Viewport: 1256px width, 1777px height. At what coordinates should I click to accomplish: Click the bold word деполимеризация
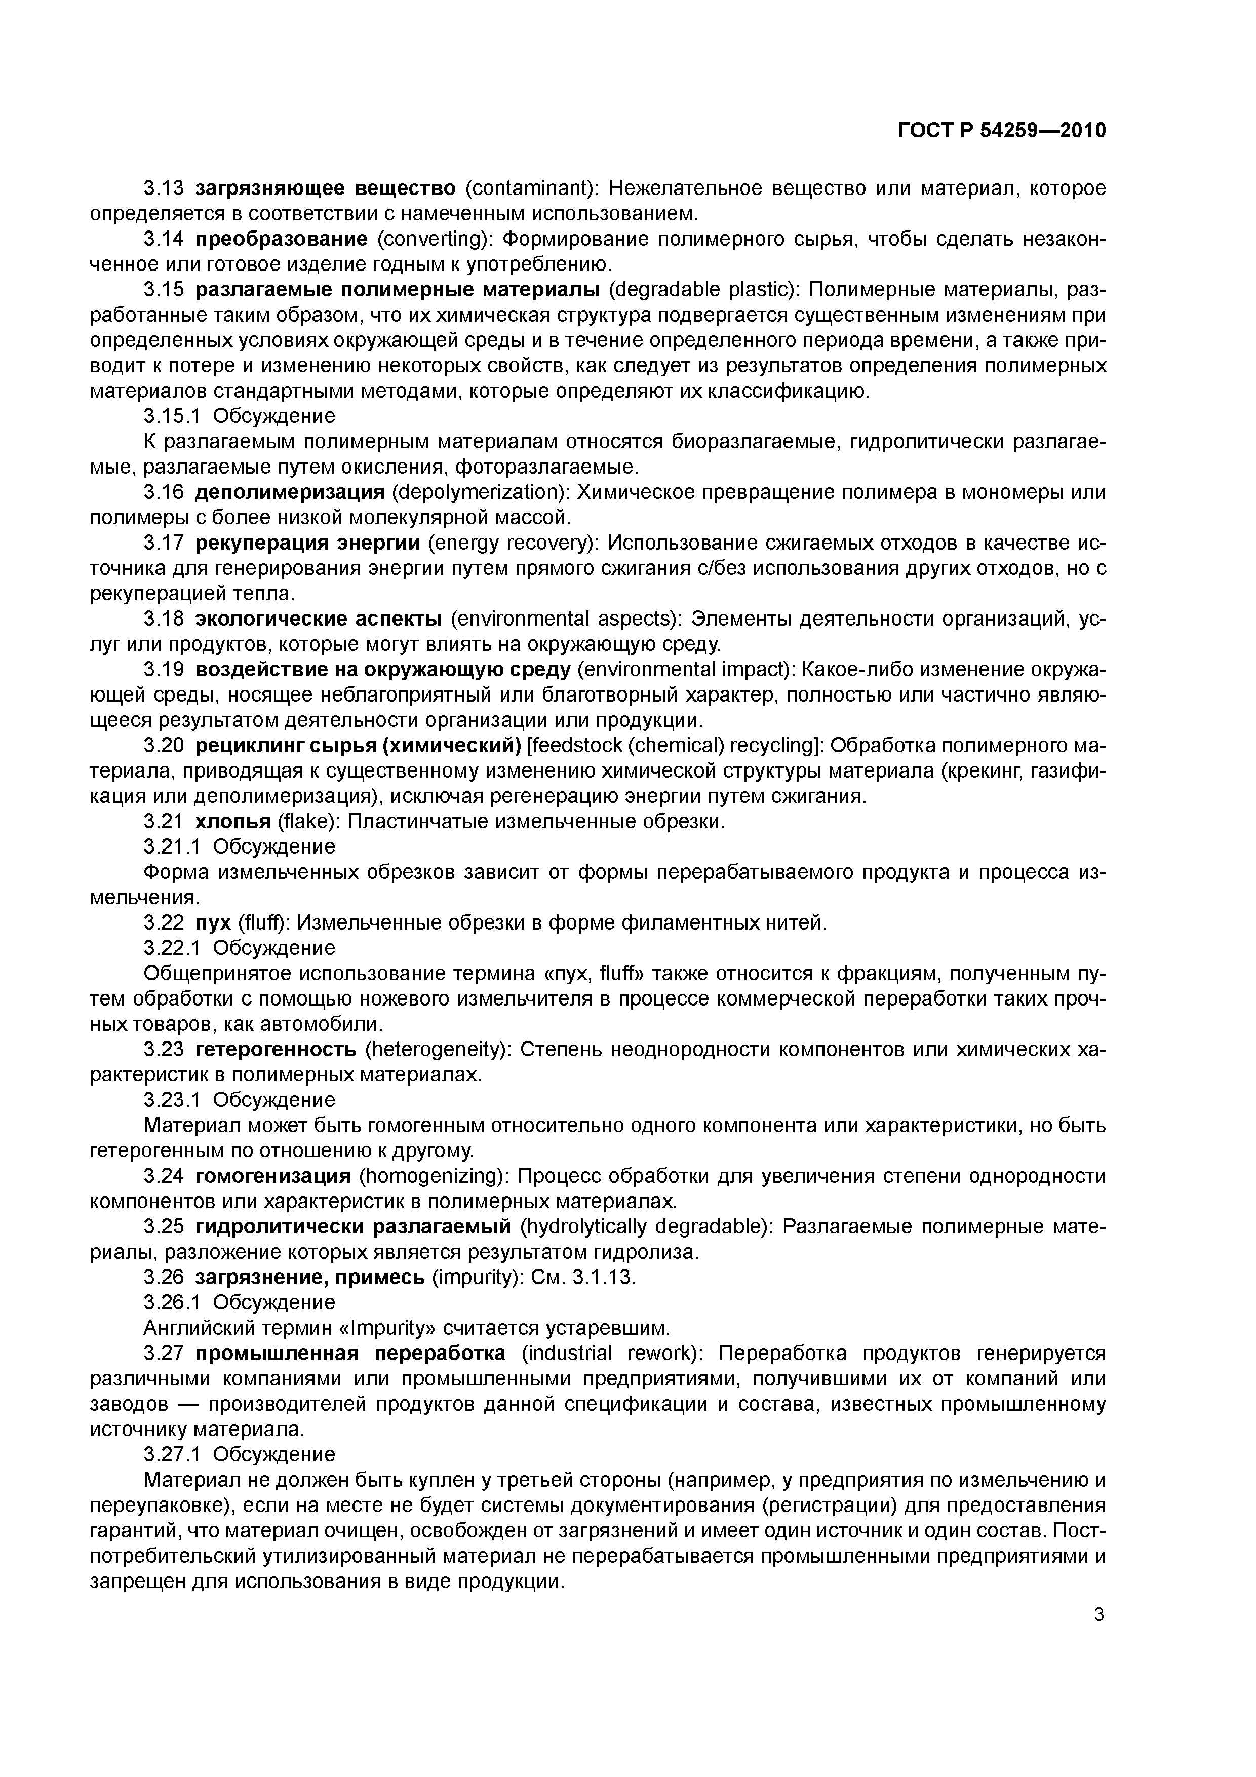[289, 492]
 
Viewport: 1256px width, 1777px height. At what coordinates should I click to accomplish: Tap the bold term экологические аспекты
[318, 619]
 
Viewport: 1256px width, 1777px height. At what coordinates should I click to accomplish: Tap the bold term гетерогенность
[276, 1050]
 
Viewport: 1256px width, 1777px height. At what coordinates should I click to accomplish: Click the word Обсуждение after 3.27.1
[274, 1454]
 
